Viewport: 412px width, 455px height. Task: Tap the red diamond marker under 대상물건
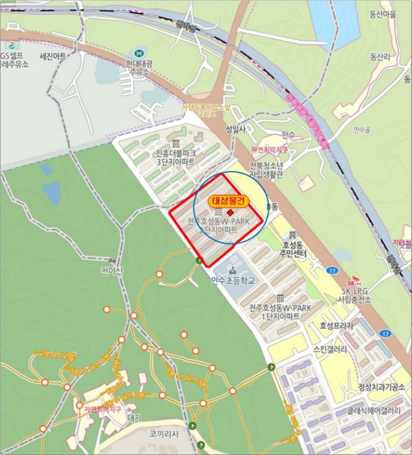click(230, 212)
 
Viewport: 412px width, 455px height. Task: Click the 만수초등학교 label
click(233, 281)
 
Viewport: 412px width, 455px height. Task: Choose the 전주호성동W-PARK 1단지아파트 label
click(279, 311)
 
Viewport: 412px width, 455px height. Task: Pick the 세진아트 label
click(53, 57)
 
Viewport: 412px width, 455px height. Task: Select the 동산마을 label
click(383, 14)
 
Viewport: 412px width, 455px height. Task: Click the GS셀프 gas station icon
click(11, 46)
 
